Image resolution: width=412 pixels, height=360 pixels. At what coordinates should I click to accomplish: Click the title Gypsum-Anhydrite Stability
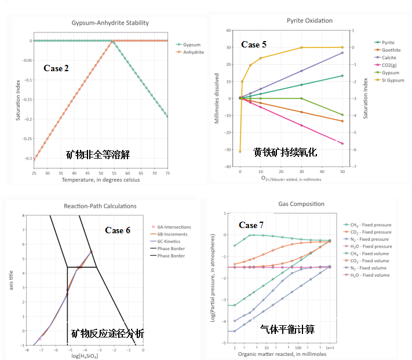(110, 23)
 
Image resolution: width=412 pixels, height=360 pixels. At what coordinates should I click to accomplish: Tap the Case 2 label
(56, 68)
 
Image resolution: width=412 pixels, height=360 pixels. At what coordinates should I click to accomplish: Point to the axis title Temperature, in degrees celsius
(101, 180)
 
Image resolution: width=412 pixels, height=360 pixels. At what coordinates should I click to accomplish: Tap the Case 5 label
(254, 45)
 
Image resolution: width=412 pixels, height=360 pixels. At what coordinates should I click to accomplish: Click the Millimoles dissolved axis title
(217, 98)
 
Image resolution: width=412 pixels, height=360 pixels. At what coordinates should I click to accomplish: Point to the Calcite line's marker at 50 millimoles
(342, 53)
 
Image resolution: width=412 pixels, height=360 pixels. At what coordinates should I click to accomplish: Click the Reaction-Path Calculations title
(100, 206)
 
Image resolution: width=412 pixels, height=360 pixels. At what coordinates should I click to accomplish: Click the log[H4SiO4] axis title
(85, 356)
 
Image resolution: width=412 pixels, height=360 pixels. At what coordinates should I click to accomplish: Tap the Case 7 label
(252, 225)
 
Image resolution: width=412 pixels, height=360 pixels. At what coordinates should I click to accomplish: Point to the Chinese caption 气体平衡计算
(287, 329)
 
